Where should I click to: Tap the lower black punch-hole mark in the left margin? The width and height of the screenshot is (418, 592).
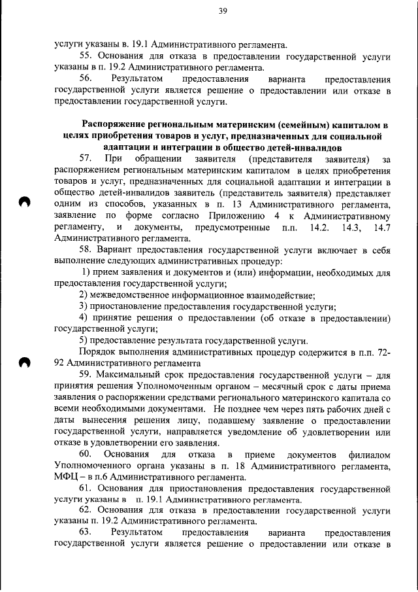tap(25, 362)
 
